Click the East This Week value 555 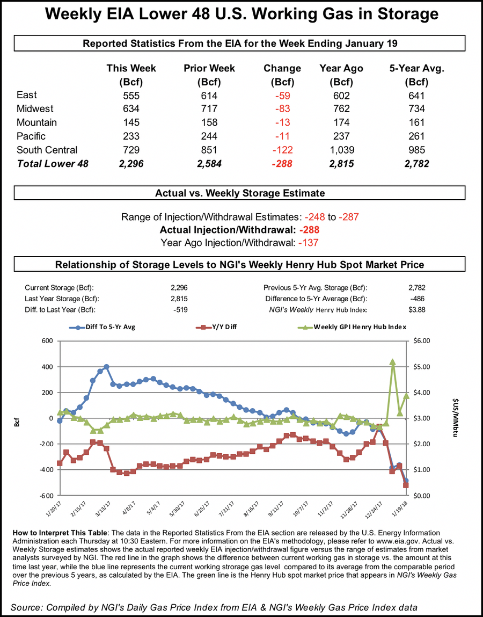click(131, 96)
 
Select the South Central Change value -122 click(282, 150)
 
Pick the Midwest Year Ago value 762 click(341, 110)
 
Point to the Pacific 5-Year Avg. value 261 click(416, 136)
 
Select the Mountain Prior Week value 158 click(209, 123)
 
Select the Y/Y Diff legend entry click(216, 327)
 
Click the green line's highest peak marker click(392, 362)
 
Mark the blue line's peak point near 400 click(106, 367)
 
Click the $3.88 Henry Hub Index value click(416, 309)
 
